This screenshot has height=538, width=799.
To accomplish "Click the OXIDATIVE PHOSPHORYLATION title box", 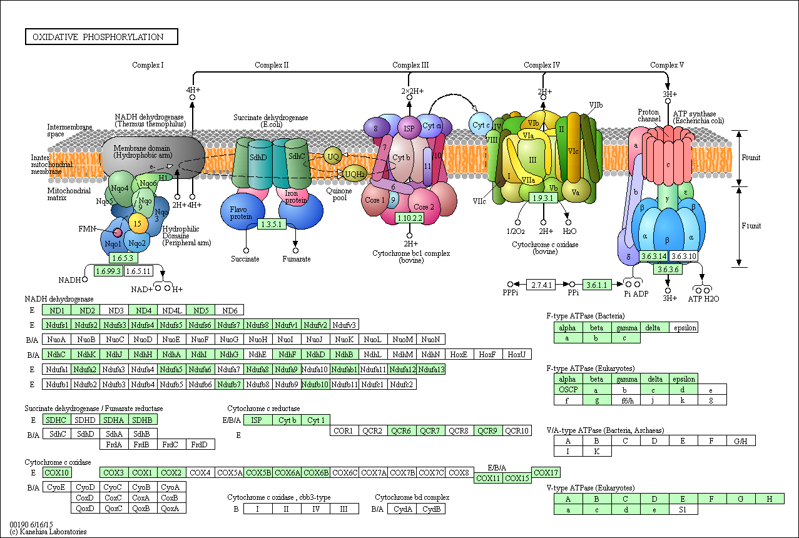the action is click(x=101, y=37).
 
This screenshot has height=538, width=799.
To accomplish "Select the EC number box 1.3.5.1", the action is click(x=272, y=224).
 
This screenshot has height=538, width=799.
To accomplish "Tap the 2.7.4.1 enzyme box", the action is click(x=541, y=285).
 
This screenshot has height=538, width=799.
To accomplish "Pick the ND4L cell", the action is click(x=172, y=310).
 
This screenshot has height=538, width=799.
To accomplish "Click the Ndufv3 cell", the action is click(x=345, y=325).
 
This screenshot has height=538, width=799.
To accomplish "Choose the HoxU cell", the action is click(x=517, y=354).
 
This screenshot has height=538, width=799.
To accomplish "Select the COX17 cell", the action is click(x=546, y=472).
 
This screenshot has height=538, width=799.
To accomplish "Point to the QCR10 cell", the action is click(x=517, y=430).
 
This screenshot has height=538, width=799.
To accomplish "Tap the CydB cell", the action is click(x=431, y=509).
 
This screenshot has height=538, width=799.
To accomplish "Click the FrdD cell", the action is click(x=200, y=444).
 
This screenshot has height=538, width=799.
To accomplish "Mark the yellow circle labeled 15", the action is click(x=138, y=223).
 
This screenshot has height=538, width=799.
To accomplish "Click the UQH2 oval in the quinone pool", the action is click(x=354, y=174).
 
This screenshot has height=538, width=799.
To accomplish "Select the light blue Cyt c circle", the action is click(x=480, y=124).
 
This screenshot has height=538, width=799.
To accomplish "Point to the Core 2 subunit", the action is click(x=424, y=206).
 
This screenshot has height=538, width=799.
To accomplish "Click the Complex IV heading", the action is click(x=541, y=65).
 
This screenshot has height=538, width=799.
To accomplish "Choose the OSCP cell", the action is click(x=568, y=389).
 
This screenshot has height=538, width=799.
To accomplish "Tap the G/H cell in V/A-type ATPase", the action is click(x=741, y=441).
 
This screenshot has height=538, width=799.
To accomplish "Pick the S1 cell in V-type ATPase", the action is click(x=683, y=509).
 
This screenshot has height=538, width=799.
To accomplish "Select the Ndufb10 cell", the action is click(x=315, y=384).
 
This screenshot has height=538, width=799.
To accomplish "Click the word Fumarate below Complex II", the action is click(x=297, y=259).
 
